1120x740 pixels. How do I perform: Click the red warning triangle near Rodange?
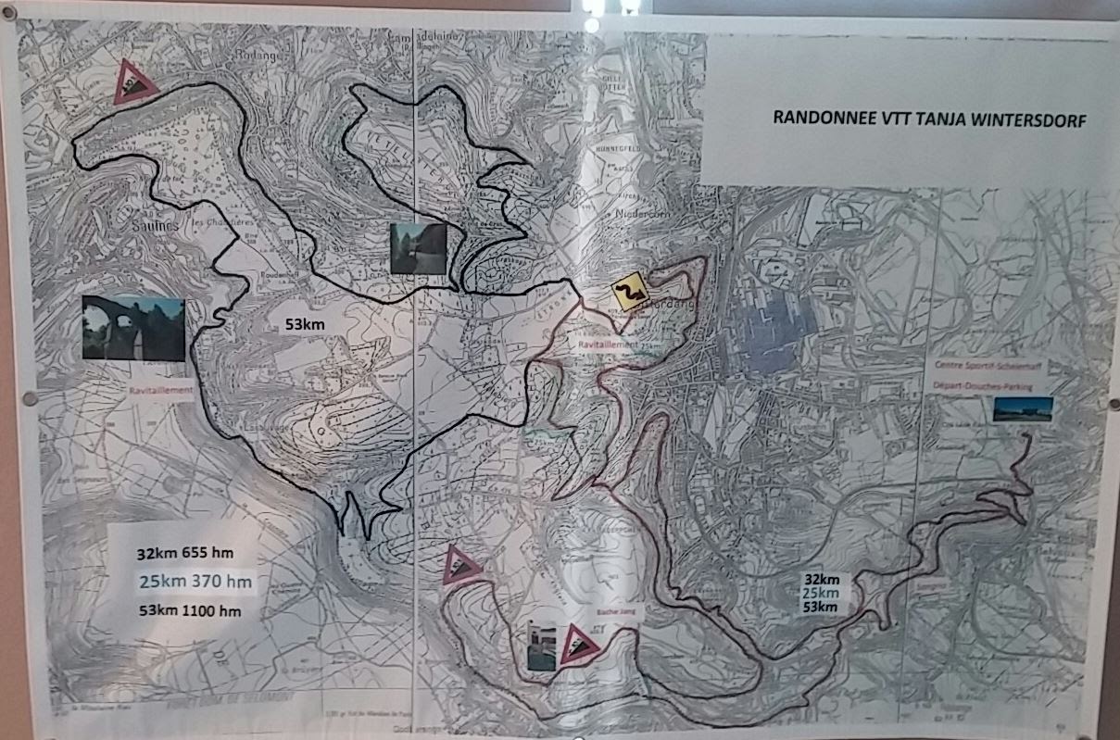click(132, 82)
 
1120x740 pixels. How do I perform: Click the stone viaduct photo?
click(132, 328)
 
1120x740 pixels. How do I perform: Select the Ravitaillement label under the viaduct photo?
click(162, 390)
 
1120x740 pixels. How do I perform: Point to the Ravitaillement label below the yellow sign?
click(608, 345)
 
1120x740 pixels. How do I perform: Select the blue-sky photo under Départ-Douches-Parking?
click(1022, 409)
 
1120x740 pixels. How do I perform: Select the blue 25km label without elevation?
click(821, 593)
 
